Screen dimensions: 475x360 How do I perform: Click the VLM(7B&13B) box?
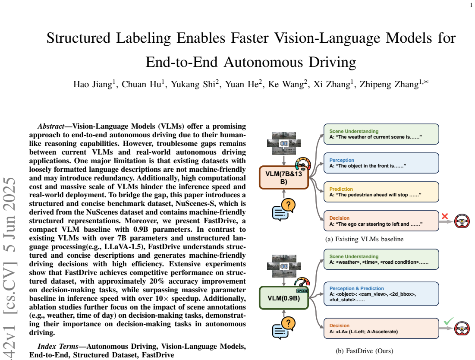pos(284,177)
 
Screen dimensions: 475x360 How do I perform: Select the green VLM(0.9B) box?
pos(284,298)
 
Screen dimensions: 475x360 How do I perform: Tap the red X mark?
pos(445,216)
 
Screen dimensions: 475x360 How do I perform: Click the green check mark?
pos(449,321)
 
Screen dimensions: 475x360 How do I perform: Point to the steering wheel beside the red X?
pos(462,221)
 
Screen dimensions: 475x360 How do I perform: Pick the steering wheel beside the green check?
pos(462,328)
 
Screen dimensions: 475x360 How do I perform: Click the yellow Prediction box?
pos(381,192)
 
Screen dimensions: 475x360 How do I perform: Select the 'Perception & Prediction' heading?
pos(356,288)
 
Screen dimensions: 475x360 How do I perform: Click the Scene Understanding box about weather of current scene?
pos(381,134)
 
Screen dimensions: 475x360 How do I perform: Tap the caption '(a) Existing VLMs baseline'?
pos(364,239)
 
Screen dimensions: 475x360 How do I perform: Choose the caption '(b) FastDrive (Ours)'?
pos(365,351)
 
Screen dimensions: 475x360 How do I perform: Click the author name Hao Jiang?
pos(93,84)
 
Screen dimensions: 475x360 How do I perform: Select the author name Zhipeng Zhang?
pos(389,84)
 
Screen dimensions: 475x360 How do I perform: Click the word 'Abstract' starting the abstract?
pos(51,126)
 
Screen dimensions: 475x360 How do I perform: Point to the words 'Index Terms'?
pos(58,346)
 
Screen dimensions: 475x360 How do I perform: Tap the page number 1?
pos(471,5)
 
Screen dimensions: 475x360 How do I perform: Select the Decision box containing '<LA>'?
pos(381,328)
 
